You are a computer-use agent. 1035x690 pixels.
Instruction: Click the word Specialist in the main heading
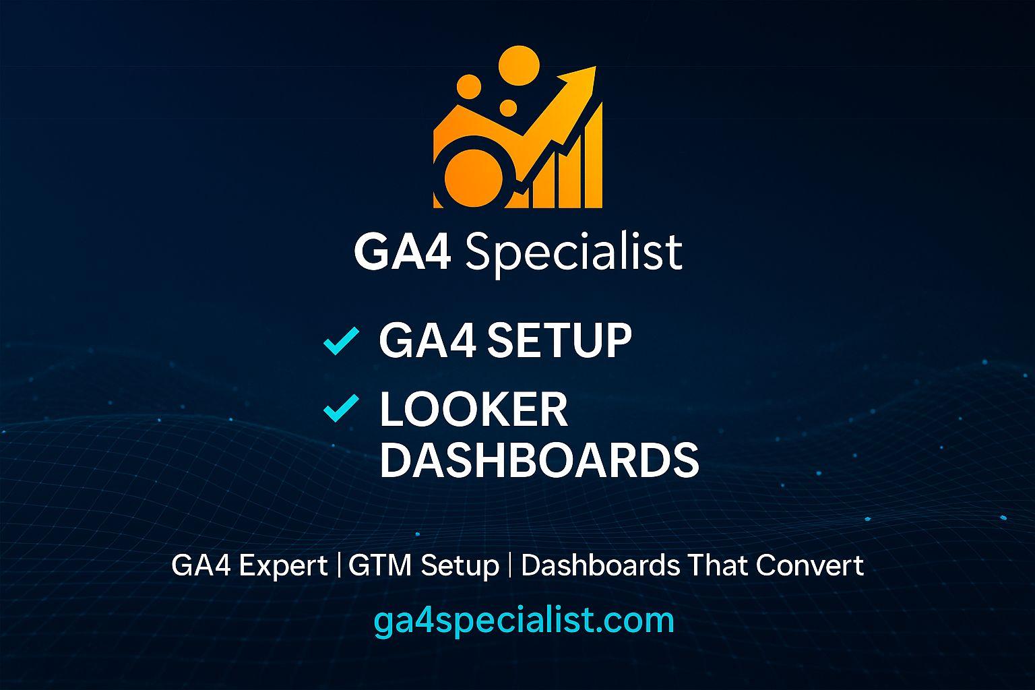coord(573,252)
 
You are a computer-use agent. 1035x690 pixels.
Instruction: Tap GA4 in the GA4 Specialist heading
coord(402,252)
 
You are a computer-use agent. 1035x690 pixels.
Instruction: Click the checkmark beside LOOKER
coord(340,409)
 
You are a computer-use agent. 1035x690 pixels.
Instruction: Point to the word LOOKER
coord(474,409)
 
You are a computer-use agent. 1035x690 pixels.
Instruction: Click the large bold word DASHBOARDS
coord(539,460)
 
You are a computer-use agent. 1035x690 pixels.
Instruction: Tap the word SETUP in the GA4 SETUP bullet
coord(559,340)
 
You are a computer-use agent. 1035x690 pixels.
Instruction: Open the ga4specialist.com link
coord(524,620)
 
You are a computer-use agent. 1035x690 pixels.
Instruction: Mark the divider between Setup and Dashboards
coord(509,565)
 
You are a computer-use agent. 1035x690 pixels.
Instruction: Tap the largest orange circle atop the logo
coord(519,65)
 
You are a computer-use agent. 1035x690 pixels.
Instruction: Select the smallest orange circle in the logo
coord(508,108)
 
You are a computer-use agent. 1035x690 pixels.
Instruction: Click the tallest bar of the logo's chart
coord(593,158)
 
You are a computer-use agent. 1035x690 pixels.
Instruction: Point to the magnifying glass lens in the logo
coord(469,172)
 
